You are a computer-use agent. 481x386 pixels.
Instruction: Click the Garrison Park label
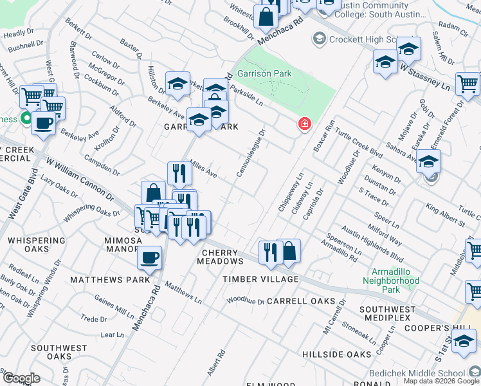[264, 74]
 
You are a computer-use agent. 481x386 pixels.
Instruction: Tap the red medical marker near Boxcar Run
[304, 124]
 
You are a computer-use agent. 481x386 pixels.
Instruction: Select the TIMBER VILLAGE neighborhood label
[260, 279]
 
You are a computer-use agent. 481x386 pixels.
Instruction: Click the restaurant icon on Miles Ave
[179, 172]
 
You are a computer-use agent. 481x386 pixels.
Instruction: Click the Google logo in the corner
[21, 378]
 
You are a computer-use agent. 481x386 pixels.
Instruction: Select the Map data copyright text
[441, 381]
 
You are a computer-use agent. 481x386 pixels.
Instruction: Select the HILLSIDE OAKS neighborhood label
[338, 354]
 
